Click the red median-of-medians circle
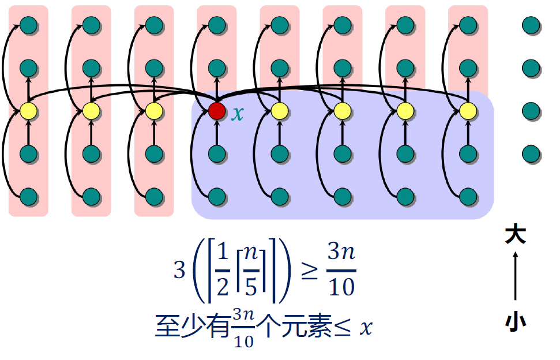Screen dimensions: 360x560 [217, 110]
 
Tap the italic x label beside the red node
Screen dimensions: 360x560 [238, 113]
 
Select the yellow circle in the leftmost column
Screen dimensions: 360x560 [28, 110]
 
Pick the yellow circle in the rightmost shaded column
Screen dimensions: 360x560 [468, 110]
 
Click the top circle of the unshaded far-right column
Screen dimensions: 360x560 [531, 25]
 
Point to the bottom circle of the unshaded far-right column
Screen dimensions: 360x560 [531, 153]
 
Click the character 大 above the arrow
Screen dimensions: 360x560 [516, 235]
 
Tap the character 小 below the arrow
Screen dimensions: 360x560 [516, 321]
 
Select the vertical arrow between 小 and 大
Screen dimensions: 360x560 [516, 278]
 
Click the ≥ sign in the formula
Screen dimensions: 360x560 [309, 270]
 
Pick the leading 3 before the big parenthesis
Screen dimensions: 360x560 [180, 271]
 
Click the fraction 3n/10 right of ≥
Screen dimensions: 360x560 [341, 270]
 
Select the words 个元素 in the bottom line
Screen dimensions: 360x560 [294, 327]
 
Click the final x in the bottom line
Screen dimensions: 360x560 [365, 328]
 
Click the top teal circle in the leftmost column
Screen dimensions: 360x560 [28, 25]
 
